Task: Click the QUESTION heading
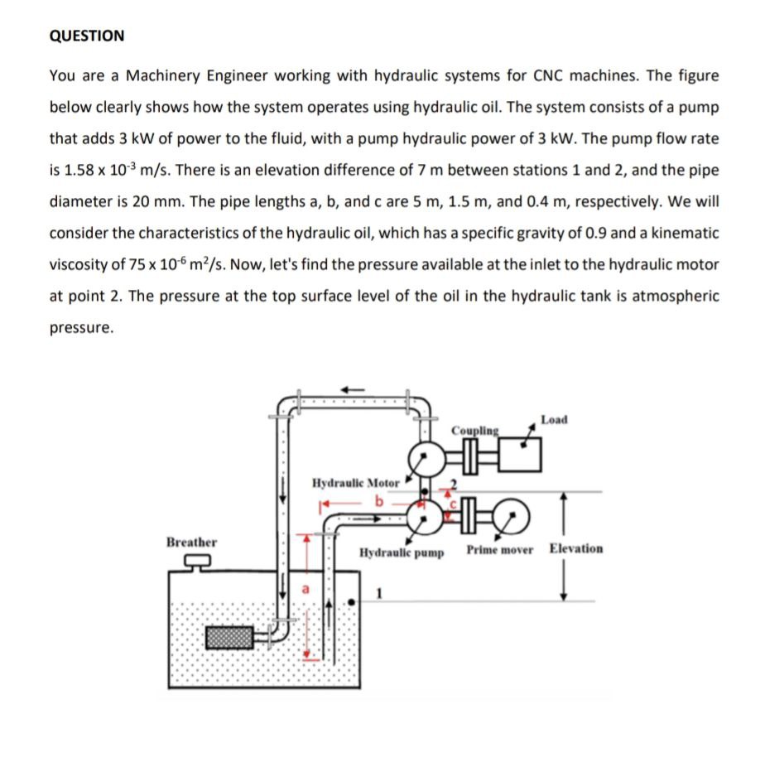[x=87, y=36]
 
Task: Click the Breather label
[x=191, y=542]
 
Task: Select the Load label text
[x=553, y=420]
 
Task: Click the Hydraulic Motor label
[x=356, y=482]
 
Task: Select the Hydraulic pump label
[x=402, y=552]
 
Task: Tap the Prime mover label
[x=499, y=549]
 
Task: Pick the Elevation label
[x=576, y=548]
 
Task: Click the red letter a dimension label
[x=303, y=591]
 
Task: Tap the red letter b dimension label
[x=380, y=500]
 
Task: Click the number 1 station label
[x=380, y=593]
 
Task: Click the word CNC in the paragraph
[x=550, y=75]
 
